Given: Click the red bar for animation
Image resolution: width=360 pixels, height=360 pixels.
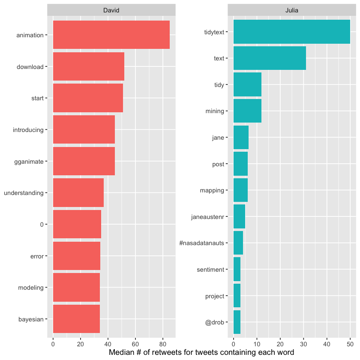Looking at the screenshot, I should pyautogui.click(x=111, y=35).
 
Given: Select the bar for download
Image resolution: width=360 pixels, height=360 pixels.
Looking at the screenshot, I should pyautogui.click(x=88, y=66).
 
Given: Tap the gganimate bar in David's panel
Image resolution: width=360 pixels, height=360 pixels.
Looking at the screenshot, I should pyautogui.click(x=84, y=161).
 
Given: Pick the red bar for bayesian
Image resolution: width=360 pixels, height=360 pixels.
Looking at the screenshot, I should pyautogui.click(x=76, y=319).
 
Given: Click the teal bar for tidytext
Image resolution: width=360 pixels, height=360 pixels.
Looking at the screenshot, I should pyautogui.click(x=291, y=31).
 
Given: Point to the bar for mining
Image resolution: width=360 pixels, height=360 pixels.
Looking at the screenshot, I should pyautogui.click(x=247, y=111).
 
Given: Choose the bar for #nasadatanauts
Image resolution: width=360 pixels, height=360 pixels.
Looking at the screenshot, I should pyautogui.click(x=238, y=243).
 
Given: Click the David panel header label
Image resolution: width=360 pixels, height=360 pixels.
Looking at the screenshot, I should pyautogui.click(x=111, y=9).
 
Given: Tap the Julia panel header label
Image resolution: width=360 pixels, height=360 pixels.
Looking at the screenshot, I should pyautogui.click(x=291, y=9).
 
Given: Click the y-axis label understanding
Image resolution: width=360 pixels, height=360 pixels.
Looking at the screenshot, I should pyautogui.click(x=24, y=193).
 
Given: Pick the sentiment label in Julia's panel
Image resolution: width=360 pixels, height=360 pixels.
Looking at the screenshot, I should pyautogui.click(x=210, y=270).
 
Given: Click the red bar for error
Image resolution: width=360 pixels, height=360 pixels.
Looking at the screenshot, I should pyautogui.click(x=77, y=256).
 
